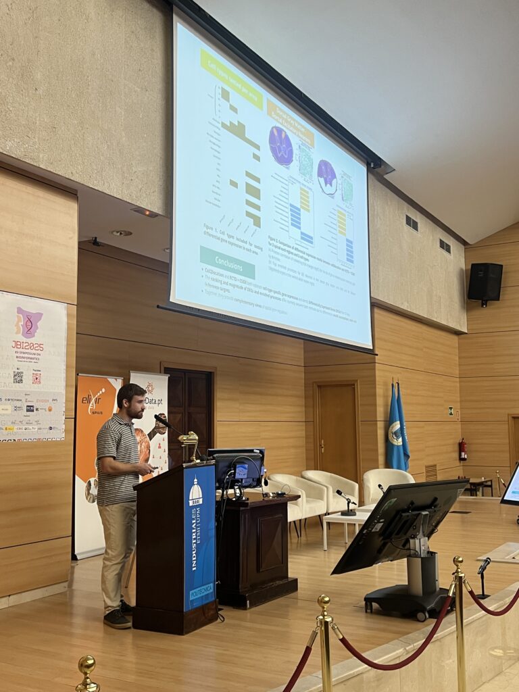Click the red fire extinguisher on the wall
click(x=462, y=450)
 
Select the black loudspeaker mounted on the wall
click(x=485, y=282)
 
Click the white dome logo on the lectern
click(x=195, y=493)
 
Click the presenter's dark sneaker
click(x=117, y=618)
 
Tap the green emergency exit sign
click(x=450, y=411)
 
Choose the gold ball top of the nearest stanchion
click(x=86, y=665)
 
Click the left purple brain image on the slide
click(x=280, y=146)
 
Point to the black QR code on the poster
click(x=18, y=377)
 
